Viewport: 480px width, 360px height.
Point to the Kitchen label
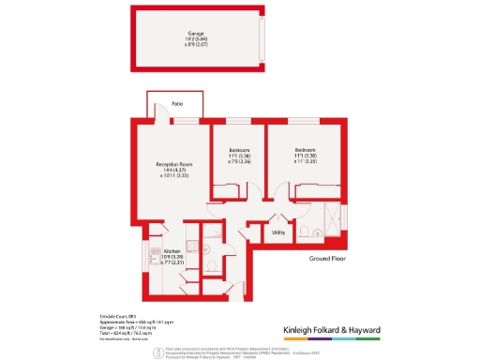pos(172,251)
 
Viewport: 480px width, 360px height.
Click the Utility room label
pos(278,232)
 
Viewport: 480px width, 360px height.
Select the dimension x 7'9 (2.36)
pos(240,161)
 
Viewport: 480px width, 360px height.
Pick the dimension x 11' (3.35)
pos(307,161)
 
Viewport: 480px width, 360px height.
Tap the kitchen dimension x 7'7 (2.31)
pos(172,262)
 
